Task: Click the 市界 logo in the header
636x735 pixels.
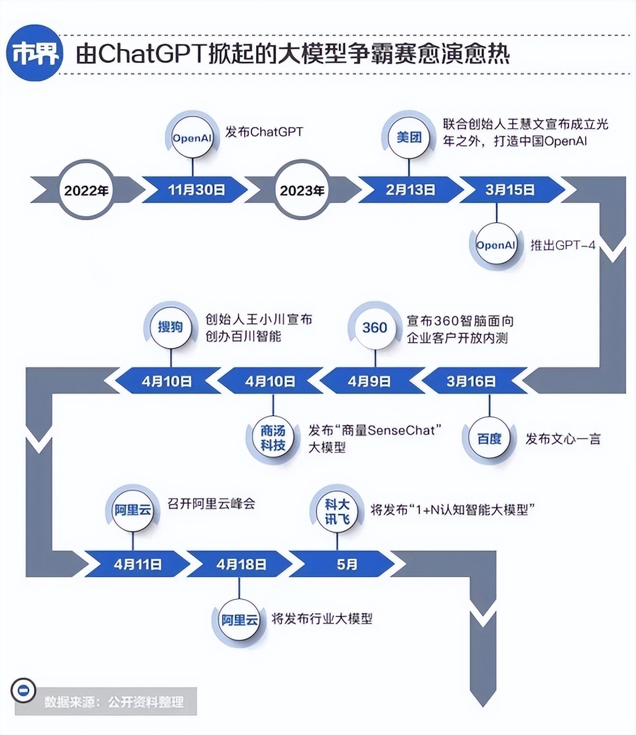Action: [x=35, y=53]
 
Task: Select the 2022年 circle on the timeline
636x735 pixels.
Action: [x=86, y=190]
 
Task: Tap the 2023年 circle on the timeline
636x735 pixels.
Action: [x=302, y=190]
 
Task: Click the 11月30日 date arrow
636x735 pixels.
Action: [x=196, y=190]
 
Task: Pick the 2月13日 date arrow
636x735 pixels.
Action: [x=410, y=190]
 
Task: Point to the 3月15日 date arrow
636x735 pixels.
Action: [x=509, y=190]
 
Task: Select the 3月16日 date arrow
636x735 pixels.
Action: [x=471, y=381]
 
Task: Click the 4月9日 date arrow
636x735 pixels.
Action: [x=369, y=381]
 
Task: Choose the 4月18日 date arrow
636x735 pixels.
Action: [x=241, y=564]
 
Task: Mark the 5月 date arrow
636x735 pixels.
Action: [x=347, y=564]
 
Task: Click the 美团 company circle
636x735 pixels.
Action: [x=409, y=138]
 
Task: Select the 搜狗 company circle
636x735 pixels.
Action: [x=170, y=327]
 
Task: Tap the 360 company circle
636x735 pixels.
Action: [x=375, y=328]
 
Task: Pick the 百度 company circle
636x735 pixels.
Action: [x=489, y=439]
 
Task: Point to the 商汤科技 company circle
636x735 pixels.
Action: [x=273, y=438]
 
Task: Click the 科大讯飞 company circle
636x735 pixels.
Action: [x=337, y=512]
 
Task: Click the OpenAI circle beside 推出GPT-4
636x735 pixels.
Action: [x=496, y=245]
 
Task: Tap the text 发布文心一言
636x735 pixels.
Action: [x=563, y=439]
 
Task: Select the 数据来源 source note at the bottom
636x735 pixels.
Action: [x=114, y=701]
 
